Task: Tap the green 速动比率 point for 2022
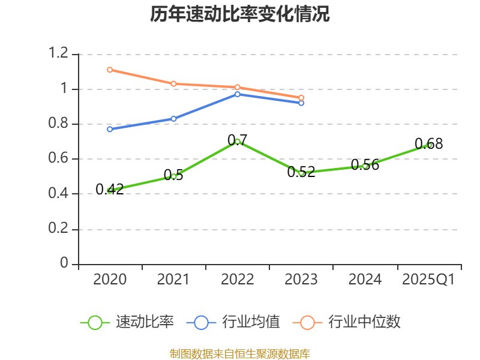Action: (238, 142)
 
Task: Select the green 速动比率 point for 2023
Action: (301, 173)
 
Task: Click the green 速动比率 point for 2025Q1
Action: (429, 145)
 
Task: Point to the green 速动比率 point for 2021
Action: (173, 176)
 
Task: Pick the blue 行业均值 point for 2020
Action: (110, 129)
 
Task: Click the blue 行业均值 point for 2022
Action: (238, 94)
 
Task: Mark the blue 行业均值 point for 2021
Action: (173, 119)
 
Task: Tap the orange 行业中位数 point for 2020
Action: (110, 70)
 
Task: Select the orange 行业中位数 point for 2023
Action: (301, 97)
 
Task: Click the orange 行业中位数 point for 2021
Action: (173, 84)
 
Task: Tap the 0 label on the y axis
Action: (65, 264)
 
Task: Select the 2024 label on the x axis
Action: (365, 280)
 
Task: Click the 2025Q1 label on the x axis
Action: (428, 280)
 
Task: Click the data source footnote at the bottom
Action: (240, 353)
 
